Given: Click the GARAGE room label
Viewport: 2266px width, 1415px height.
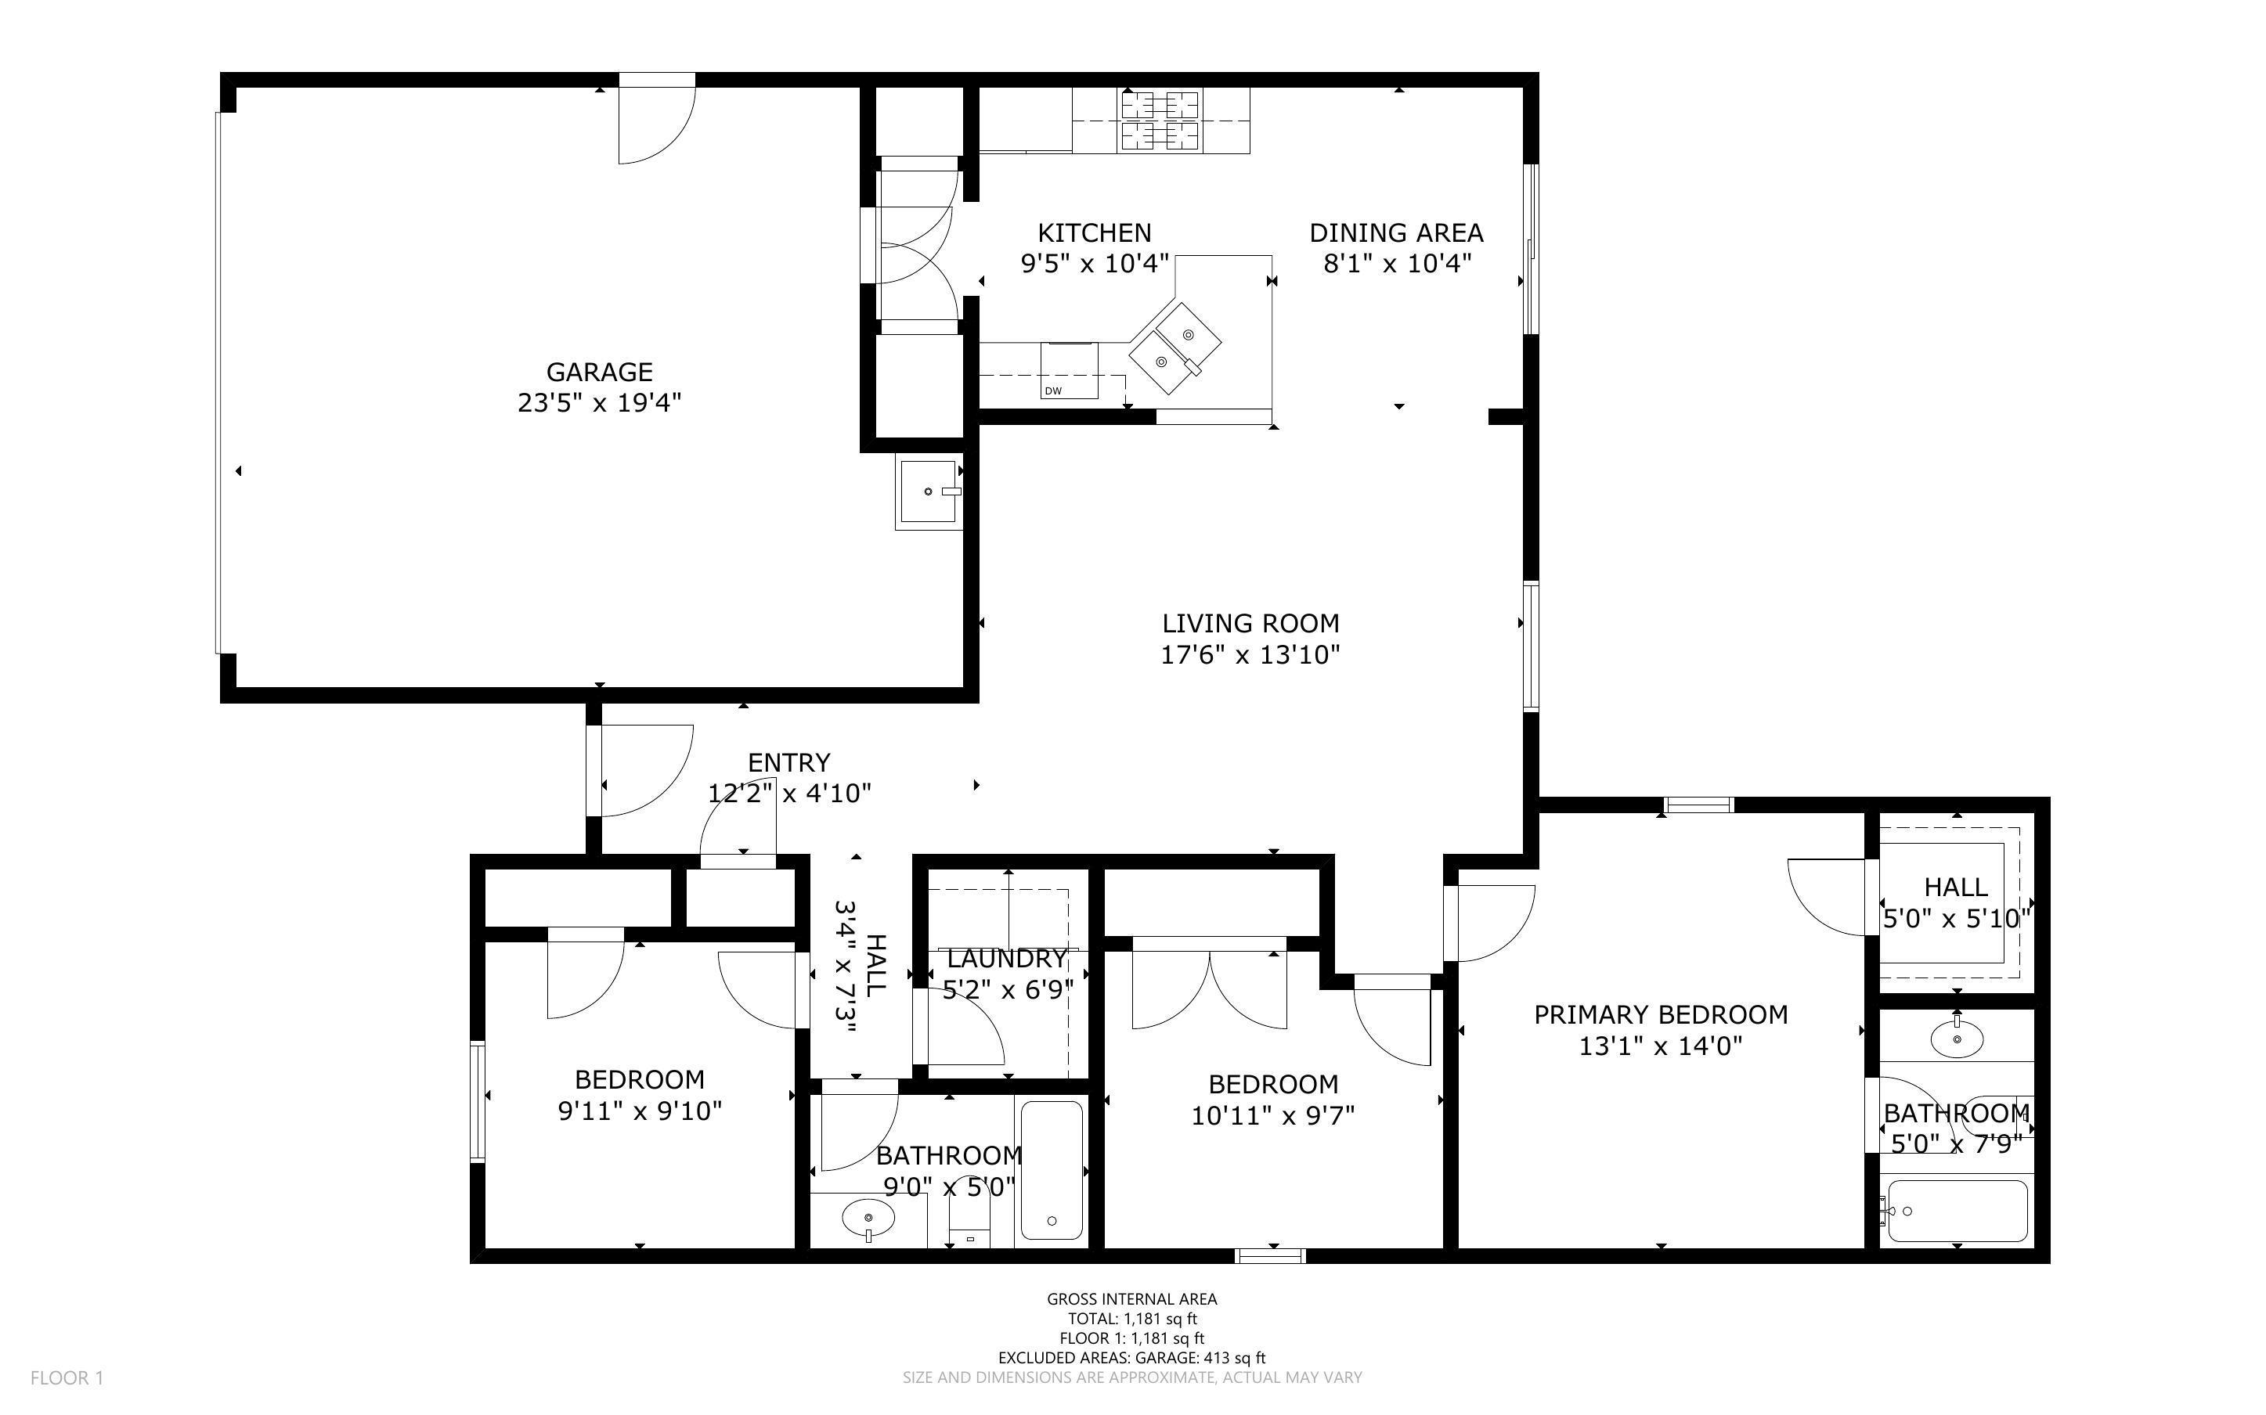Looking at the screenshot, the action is (x=599, y=373).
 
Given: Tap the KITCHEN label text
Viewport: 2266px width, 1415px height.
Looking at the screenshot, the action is (x=1094, y=233).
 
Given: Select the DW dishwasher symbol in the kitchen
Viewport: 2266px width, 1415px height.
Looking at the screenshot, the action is (x=1069, y=371).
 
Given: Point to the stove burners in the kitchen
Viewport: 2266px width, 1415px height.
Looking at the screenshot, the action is (x=1160, y=121).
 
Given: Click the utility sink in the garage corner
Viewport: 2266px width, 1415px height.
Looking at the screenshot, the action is (x=929, y=492).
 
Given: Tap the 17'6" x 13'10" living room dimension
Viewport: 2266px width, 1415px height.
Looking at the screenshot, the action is (x=1250, y=655).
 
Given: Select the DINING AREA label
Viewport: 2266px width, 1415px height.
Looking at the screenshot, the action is (x=1396, y=233).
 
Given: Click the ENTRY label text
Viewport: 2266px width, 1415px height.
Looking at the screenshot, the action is (x=789, y=763).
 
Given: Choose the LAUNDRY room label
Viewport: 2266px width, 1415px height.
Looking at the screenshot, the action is (x=1007, y=960).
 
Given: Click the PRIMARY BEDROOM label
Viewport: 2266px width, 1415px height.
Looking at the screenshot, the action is (x=1661, y=1015).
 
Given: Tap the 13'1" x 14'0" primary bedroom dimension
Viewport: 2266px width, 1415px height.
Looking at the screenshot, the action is (x=1661, y=1046).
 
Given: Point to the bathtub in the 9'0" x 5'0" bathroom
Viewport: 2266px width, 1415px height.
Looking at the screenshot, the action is (x=1052, y=1170).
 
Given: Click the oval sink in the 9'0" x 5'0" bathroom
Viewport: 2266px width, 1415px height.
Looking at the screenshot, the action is (x=868, y=1218).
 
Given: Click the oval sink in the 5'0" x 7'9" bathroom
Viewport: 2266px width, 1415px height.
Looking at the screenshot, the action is (x=1957, y=1039).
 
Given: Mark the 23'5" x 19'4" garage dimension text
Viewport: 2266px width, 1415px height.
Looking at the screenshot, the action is (x=599, y=403).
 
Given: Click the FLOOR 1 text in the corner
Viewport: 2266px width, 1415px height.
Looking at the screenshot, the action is (x=67, y=1378).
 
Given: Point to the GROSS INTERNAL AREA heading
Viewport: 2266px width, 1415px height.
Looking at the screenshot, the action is (x=1131, y=1299).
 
